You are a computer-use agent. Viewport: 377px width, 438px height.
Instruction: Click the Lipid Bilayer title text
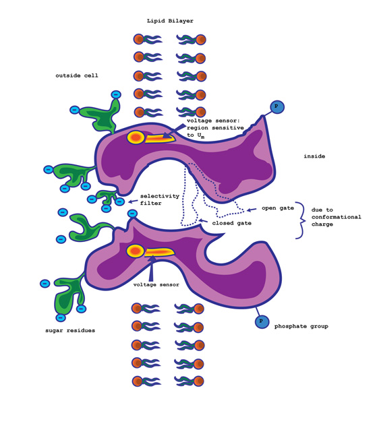coord(170,21)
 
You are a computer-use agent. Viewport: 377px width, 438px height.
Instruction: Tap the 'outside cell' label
coord(77,75)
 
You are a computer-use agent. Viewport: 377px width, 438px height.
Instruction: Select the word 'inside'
coord(314,156)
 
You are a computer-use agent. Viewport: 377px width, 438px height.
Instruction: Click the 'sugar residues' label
coord(70,330)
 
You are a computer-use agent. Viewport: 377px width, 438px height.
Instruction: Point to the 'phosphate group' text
coord(301,326)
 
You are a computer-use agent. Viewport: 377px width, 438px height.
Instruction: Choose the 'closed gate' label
coord(231,223)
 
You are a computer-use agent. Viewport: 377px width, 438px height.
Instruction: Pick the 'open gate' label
coord(278,208)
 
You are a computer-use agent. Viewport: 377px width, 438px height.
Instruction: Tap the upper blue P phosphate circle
coord(277,106)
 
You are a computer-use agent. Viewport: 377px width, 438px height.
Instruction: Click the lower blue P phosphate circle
coord(262,321)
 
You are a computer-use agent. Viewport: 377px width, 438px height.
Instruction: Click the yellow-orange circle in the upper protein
coord(136,137)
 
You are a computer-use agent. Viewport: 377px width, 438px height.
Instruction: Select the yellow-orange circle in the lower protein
coord(136,251)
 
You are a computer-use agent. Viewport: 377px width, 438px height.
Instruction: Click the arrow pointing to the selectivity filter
coord(133,201)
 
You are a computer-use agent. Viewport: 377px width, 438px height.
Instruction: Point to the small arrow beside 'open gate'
coord(252,210)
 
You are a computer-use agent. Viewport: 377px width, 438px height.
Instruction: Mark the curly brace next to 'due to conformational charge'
coord(300,220)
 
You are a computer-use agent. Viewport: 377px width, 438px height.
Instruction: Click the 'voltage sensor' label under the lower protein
coord(156,284)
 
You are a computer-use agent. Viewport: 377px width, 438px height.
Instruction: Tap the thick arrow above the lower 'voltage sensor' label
coord(152,268)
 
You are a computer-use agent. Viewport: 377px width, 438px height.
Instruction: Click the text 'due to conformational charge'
coord(336,217)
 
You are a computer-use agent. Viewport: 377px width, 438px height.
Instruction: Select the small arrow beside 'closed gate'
coord(203,222)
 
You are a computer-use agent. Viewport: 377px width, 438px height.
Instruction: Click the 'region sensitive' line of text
coord(215,127)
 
